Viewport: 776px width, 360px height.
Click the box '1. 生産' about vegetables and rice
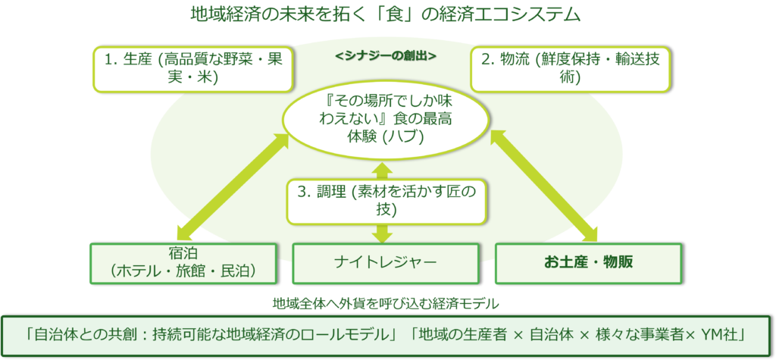click(192, 68)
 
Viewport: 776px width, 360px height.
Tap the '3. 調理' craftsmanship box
click(386, 201)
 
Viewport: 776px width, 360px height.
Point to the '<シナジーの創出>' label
click(386, 57)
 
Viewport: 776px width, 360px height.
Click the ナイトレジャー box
click(386, 262)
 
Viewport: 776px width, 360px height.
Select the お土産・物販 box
click(588, 262)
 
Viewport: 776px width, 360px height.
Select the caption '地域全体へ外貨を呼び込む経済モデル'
click(386, 305)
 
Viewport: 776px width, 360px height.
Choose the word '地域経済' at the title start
click(208, 14)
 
